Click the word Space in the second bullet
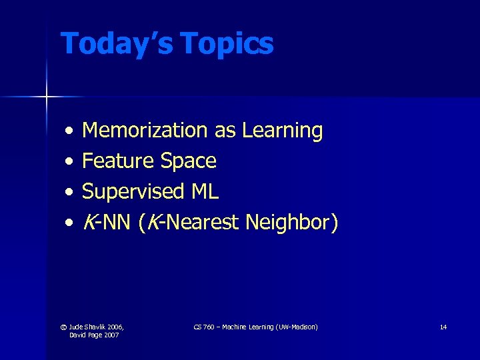tap(189, 161)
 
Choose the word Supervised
tap(133, 191)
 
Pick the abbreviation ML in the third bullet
tap(205, 191)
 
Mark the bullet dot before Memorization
tap(69, 131)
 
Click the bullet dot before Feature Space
tap(69, 161)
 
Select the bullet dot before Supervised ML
tap(69, 192)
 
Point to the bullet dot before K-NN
tap(69, 223)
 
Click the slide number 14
tap(443, 327)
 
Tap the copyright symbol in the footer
tap(64, 327)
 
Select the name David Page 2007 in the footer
tap(93, 335)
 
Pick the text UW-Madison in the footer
tap(298, 327)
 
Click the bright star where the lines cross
tap(47, 97)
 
